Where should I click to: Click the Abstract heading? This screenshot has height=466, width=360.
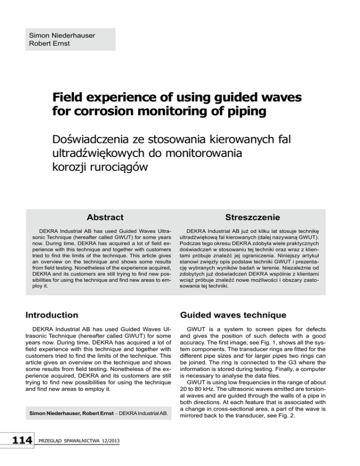click(x=105, y=217)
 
